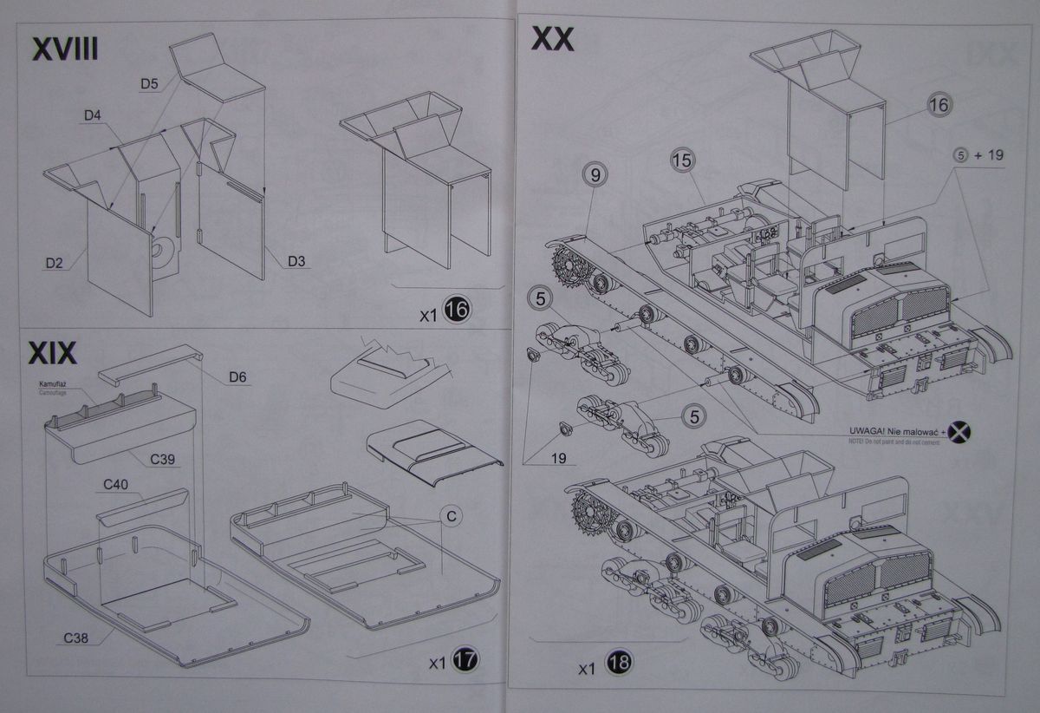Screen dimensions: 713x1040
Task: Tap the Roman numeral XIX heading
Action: coord(53,354)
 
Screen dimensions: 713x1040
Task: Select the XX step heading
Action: coord(552,39)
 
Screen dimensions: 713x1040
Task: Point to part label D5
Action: coord(148,83)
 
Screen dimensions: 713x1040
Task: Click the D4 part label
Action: coord(94,115)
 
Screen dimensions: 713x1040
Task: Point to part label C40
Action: coord(114,484)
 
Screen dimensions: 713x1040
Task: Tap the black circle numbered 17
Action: coord(465,661)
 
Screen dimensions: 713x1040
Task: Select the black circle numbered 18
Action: coord(620,664)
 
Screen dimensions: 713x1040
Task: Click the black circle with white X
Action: coord(958,431)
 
